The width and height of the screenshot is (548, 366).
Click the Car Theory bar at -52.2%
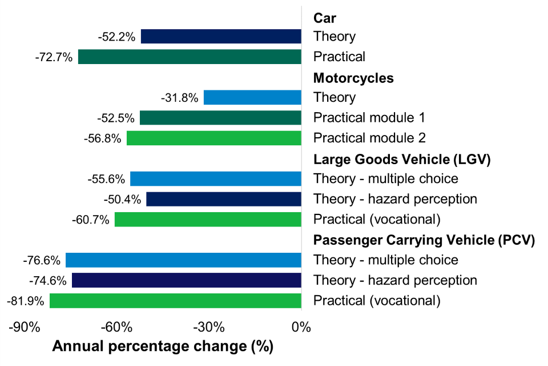[221, 37]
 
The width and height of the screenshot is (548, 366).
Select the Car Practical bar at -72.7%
[190, 57]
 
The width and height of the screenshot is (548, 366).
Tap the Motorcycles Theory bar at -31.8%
[252, 98]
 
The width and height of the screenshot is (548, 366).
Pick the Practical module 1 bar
[220, 118]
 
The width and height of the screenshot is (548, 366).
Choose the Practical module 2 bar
[214, 138]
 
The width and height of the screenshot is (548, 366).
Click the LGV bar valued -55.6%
[216, 179]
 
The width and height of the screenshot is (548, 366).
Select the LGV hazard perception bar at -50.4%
[224, 199]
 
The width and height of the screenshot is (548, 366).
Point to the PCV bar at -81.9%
[175, 301]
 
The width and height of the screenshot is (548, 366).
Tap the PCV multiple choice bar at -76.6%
[183, 260]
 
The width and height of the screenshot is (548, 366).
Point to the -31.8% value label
[179, 98]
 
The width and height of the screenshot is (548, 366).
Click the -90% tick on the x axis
[25, 328]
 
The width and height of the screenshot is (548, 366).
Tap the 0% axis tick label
[300, 328]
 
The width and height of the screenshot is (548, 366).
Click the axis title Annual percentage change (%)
[163, 347]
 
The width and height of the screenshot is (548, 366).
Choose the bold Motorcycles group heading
[353, 78]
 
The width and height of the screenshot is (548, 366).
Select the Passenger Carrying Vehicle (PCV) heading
[424, 240]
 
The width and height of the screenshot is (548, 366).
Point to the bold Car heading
[325, 17]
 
